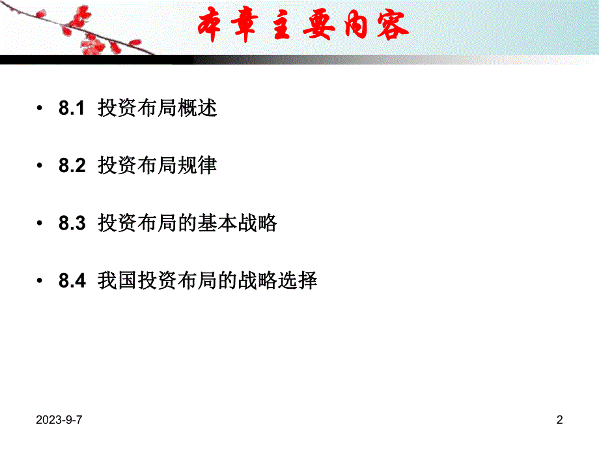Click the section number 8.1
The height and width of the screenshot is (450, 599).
click(x=72, y=108)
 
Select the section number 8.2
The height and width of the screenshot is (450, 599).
click(x=72, y=166)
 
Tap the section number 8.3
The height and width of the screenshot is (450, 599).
click(x=72, y=224)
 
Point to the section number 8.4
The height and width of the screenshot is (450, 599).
click(x=72, y=281)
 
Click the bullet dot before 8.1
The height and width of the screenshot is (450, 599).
click(x=41, y=109)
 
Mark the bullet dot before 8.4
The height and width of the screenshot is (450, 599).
click(x=41, y=282)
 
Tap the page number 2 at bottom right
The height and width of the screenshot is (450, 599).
click(x=559, y=421)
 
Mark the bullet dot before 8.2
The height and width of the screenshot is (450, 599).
click(x=41, y=166)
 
